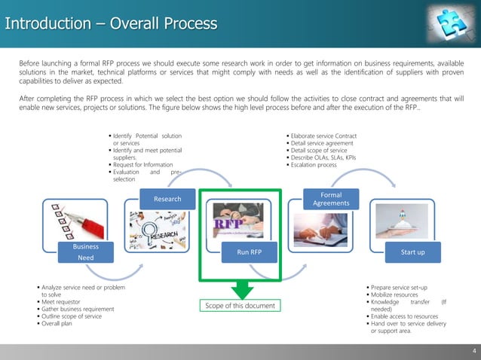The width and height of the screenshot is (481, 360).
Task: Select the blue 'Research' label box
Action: click(x=167, y=200)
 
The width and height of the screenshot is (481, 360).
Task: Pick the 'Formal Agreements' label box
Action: click(x=331, y=200)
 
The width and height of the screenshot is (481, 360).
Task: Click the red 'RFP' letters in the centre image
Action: click(x=228, y=225)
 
